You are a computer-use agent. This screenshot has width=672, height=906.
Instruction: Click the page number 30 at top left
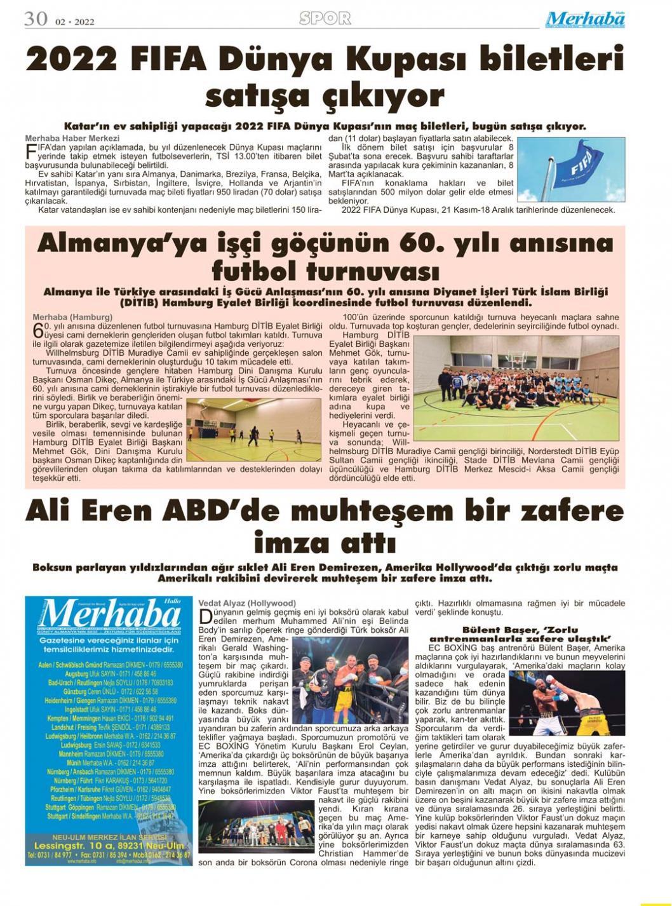[x=36, y=18]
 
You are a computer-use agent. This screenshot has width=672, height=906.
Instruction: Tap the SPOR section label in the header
[x=325, y=18]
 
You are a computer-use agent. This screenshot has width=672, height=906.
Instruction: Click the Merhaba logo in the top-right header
[x=586, y=19]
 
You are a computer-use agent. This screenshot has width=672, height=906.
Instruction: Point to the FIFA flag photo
[x=571, y=169]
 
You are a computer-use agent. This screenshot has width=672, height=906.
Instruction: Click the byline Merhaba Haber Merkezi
[x=72, y=138]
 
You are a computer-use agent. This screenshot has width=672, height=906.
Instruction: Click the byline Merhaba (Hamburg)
[x=72, y=316]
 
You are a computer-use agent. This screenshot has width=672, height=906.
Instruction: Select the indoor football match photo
[x=254, y=433]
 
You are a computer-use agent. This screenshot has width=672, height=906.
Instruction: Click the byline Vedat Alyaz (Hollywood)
[x=247, y=603]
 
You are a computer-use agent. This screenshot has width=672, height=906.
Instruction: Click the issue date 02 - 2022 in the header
[x=74, y=22]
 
